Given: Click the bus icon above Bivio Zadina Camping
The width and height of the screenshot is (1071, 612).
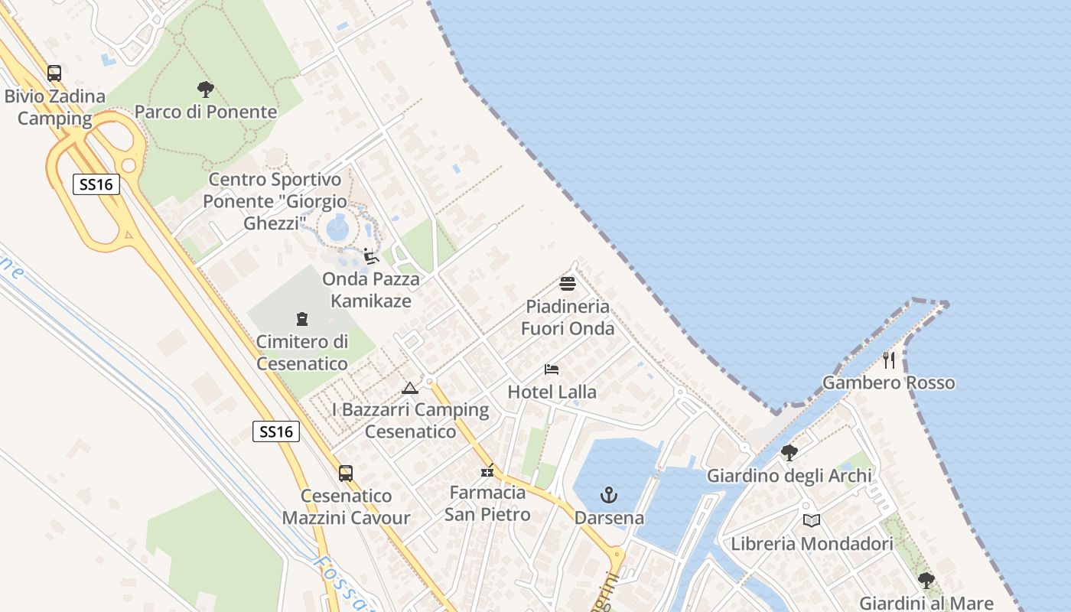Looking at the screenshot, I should click(x=54, y=73).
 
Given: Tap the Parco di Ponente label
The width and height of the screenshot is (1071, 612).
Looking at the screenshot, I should click(x=205, y=112).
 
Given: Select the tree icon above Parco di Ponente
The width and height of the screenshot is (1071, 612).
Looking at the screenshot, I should click(x=205, y=89).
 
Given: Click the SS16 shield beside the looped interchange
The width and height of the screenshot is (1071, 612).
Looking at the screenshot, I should click(x=96, y=184).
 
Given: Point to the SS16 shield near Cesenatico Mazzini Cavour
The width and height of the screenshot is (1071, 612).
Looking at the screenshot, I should click(x=275, y=431).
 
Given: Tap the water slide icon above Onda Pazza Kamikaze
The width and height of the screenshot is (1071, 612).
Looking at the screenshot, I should click(x=371, y=256).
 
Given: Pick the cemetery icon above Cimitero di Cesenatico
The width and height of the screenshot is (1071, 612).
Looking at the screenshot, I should click(x=302, y=319).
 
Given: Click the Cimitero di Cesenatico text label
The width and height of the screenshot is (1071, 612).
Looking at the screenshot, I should click(x=302, y=352).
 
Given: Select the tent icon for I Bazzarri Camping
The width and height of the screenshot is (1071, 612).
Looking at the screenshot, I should click(x=410, y=388).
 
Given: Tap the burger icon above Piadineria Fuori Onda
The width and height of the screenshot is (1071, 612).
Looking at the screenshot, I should click(x=568, y=284).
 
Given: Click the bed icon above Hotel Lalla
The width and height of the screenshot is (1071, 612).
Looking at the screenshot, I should click(x=552, y=369).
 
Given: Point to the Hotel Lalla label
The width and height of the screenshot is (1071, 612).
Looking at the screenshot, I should click(x=552, y=392).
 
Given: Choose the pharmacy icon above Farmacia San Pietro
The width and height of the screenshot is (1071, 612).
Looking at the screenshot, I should click(x=487, y=470).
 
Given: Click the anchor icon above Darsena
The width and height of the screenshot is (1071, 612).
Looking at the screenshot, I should click(x=609, y=495).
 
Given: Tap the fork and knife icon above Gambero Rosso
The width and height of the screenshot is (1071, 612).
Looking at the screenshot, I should click(x=888, y=360).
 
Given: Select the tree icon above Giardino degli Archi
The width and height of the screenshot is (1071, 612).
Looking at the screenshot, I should click(x=789, y=453).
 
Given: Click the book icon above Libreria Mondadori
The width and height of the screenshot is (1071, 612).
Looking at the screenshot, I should click(x=812, y=521).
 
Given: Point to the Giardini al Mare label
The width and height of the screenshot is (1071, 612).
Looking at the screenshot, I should click(x=926, y=603).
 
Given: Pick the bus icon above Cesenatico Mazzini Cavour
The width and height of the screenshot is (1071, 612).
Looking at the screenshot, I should click(x=346, y=474).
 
